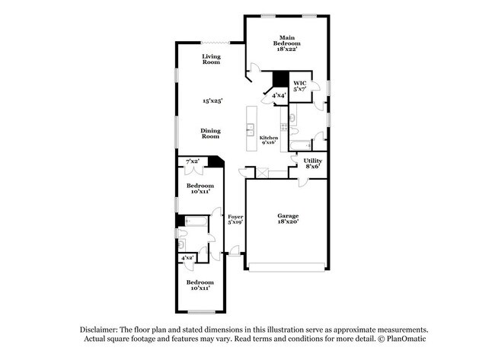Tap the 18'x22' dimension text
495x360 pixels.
click(286, 49)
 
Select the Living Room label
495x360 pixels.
click(211, 59)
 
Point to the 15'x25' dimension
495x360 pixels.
click(211, 100)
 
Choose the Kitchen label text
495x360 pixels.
click(268, 137)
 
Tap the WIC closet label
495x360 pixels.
click(299, 83)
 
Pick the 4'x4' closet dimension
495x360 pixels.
click(279, 95)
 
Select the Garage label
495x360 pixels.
click(287, 215)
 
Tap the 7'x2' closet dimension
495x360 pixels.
click(193, 161)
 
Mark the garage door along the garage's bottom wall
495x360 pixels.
click(287, 266)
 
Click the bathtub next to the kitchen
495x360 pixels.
click(299, 145)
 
